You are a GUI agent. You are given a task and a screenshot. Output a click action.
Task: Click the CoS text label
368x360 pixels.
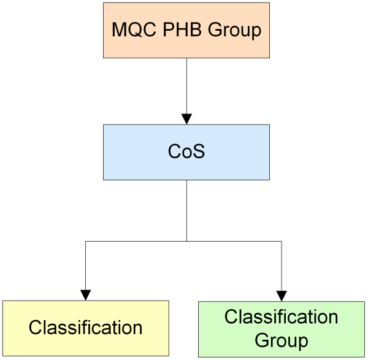point(186,151)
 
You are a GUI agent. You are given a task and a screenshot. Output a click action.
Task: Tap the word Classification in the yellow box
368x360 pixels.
point(85,327)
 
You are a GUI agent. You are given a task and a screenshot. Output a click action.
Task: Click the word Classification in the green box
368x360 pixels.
point(281,317)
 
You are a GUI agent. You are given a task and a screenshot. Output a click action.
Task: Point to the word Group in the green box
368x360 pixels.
point(281,339)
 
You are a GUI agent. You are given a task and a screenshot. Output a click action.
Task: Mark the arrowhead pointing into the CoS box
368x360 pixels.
point(186,119)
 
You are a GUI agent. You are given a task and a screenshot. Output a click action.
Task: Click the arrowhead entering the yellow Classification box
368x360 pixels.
point(85,295)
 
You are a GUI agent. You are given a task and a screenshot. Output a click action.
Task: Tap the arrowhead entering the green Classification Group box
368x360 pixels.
point(282,295)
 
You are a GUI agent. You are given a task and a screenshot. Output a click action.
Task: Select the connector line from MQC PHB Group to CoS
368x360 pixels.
point(186,86)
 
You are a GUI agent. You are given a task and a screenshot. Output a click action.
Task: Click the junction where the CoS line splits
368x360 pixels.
point(186,242)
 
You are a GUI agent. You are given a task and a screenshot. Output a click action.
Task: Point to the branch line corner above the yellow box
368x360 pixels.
point(85,242)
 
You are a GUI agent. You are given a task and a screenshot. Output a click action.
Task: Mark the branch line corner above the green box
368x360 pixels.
point(282,242)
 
